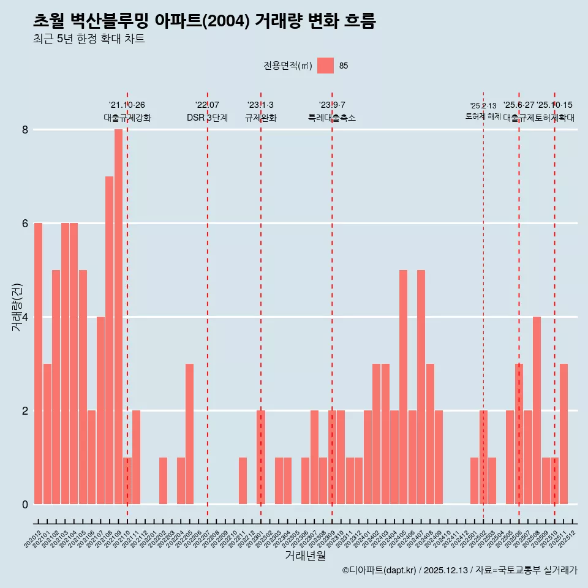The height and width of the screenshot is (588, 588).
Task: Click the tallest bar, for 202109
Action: point(118,317)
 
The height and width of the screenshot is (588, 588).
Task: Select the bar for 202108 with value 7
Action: point(109,340)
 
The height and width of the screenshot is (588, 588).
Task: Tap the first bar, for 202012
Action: point(38,363)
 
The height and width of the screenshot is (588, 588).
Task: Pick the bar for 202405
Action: point(403,387)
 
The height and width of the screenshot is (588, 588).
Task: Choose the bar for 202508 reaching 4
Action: point(537,410)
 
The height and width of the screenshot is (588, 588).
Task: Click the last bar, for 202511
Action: point(563,434)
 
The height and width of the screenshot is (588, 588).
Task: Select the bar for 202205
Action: point(189,434)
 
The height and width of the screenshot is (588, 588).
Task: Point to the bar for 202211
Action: point(243,481)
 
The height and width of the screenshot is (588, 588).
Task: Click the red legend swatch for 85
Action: point(326,66)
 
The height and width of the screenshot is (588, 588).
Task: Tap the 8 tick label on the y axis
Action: point(25,130)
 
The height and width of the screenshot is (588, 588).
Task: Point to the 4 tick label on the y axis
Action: point(25,317)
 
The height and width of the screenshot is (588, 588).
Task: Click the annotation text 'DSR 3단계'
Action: point(207,118)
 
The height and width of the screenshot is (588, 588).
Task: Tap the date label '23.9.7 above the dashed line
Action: point(332,105)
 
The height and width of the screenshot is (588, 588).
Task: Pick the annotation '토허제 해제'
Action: point(483,116)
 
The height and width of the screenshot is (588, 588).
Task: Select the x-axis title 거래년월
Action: point(305,556)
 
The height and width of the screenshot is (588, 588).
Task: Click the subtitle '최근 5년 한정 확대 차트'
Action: point(89,39)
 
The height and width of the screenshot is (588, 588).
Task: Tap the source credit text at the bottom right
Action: point(459,570)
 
